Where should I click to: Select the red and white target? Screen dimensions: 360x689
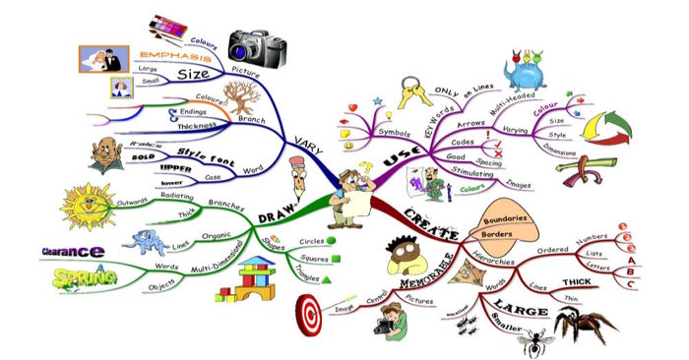[x=308, y=314]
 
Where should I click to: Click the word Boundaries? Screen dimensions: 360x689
[x=508, y=217]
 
